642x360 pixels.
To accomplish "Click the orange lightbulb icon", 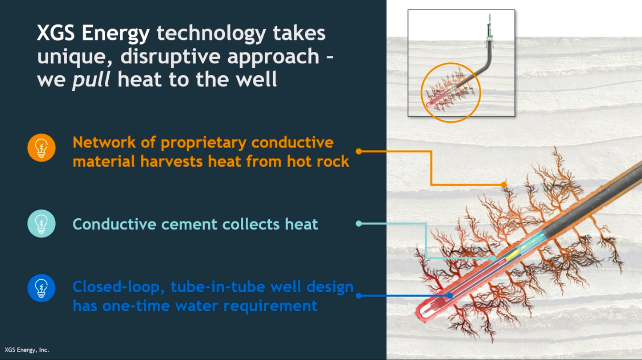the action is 41,148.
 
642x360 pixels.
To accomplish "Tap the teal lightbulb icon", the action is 41,224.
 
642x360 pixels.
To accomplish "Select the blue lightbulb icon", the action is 41,288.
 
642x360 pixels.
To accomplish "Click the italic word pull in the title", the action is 91,80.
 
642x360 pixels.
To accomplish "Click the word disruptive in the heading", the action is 170,56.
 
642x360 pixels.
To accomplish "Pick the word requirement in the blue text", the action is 270,307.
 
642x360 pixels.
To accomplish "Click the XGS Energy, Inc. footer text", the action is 27,350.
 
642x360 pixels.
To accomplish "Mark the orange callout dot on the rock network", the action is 504,185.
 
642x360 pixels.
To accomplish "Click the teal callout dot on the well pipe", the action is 493,258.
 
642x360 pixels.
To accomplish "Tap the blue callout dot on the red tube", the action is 450,295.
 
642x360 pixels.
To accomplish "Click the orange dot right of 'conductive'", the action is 359,151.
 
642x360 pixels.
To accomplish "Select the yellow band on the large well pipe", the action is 512,255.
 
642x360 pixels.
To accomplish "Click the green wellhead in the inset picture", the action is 490,26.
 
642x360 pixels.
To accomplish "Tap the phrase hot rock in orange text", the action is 318,162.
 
